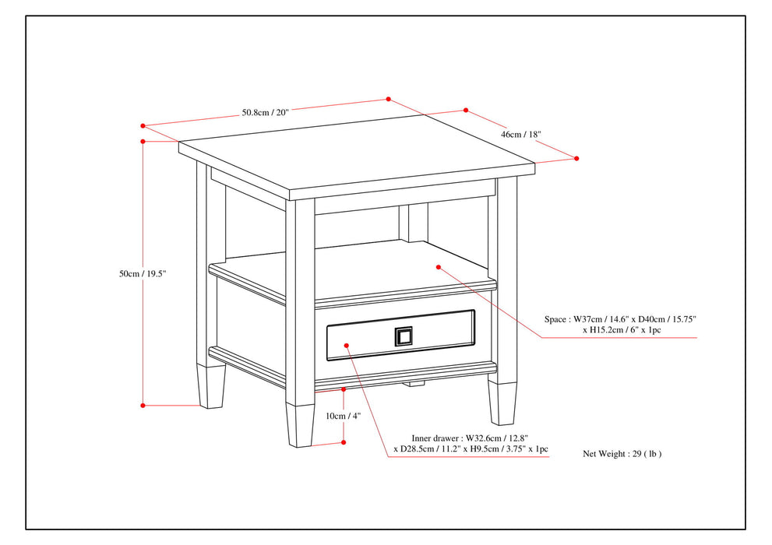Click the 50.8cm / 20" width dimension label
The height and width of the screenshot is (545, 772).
[x=265, y=112]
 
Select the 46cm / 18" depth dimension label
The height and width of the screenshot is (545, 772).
[x=520, y=135]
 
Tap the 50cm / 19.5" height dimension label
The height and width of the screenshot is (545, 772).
[x=143, y=274]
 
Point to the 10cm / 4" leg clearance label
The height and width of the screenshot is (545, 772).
[x=344, y=416]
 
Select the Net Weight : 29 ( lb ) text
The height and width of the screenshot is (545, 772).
[x=622, y=453]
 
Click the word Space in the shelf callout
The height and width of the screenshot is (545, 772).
[x=555, y=319]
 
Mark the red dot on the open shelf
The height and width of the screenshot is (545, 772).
[x=439, y=267]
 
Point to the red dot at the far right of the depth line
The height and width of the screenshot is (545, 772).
[x=576, y=158]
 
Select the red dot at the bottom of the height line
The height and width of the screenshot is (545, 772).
[x=143, y=405]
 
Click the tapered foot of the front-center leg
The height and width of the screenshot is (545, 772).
[x=299, y=425]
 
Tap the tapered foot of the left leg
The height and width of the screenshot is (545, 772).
[x=211, y=387]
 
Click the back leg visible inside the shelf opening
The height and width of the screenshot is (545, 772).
[x=414, y=223]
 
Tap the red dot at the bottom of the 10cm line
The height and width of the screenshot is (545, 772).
[x=344, y=442]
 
